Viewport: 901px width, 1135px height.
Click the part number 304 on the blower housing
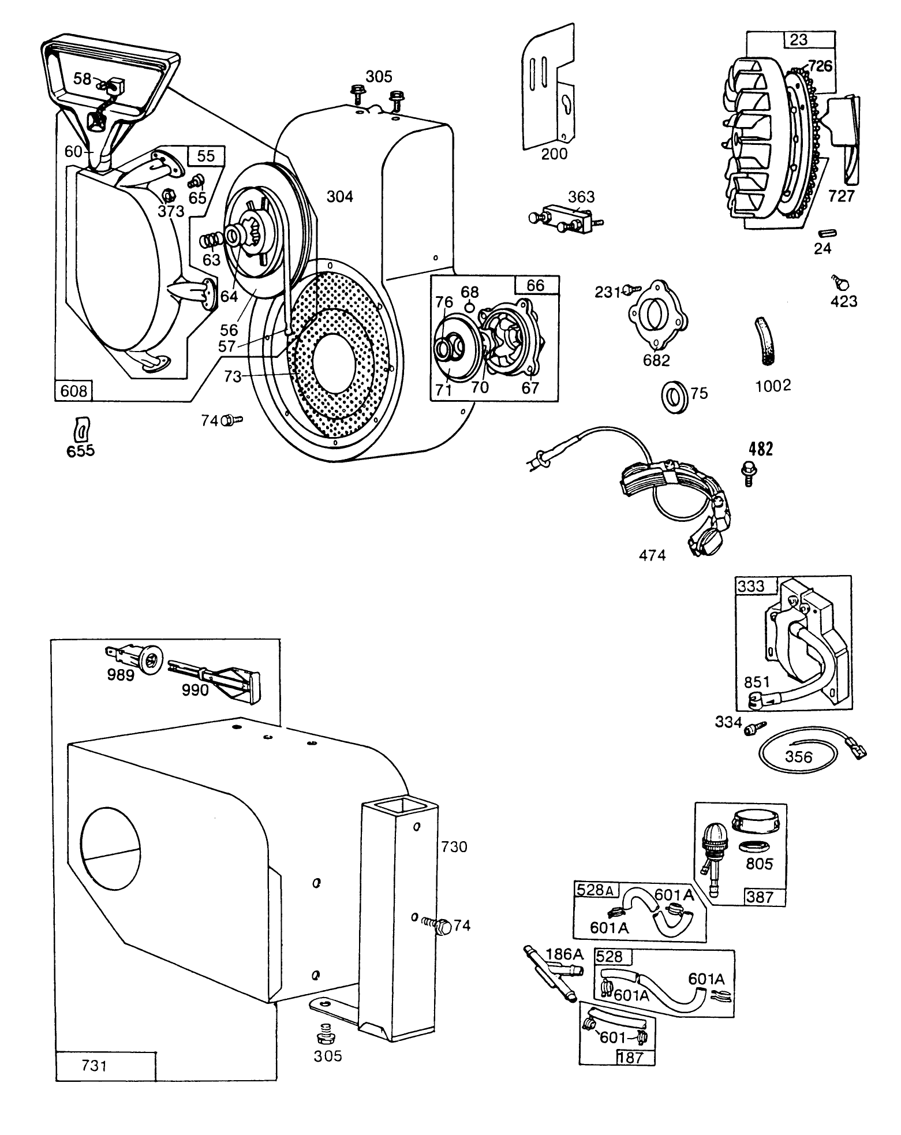click(x=339, y=197)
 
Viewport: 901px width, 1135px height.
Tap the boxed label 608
click(x=74, y=391)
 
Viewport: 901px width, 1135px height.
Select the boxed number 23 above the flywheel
click(x=799, y=40)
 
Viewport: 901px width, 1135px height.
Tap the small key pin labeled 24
click(x=827, y=232)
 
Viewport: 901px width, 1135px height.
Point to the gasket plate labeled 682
click(x=657, y=318)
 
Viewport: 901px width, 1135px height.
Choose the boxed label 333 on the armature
click(x=750, y=586)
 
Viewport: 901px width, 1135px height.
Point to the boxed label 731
click(x=95, y=1065)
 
